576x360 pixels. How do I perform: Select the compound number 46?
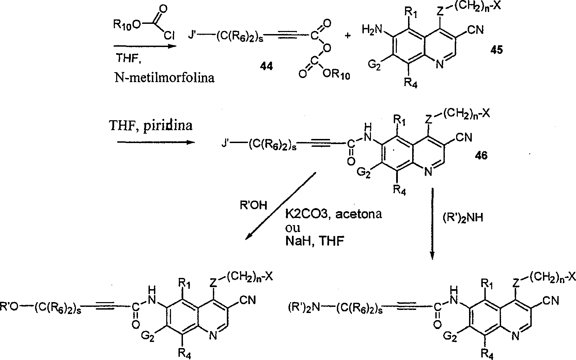(480, 156)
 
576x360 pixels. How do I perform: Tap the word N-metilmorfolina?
(165, 78)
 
